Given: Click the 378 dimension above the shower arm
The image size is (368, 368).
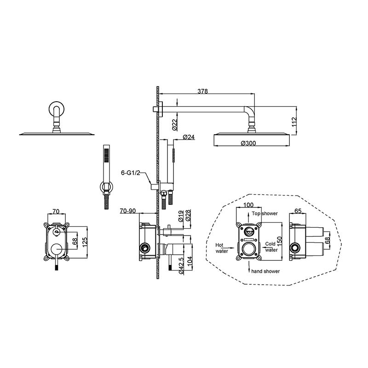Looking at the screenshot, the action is tap(202, 91).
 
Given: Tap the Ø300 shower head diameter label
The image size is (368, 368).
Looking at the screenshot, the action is tap(248, 143).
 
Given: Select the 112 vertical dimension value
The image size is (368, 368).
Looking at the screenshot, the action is tap(294, 122).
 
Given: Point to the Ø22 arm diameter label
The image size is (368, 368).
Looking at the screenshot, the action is tap(174, 124).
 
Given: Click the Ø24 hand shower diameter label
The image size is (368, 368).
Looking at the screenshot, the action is tap(189, 137).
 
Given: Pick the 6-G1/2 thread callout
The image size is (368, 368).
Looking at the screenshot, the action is tap(131, 173).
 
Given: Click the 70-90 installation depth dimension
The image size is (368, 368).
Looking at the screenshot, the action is tap(128, 211).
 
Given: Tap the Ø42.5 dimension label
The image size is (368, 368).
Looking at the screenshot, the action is tap(181, 265).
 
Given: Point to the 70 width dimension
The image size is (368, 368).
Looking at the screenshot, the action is tap(56, 212).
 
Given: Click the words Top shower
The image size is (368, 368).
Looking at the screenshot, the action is tap(265, 213).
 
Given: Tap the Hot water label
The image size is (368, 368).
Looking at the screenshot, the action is tap(222, 248).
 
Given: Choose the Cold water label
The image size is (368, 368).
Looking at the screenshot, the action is tap(271, 247).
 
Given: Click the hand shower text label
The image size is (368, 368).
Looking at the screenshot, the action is tap(265, 271).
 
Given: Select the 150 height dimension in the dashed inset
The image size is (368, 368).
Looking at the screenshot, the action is tap(279, 241).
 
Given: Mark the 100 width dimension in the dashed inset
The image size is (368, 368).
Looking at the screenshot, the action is tap(248, 205).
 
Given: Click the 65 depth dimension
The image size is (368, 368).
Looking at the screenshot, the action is tap(298, 211).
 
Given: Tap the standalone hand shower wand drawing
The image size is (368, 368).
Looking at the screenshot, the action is tap(107, 177).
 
